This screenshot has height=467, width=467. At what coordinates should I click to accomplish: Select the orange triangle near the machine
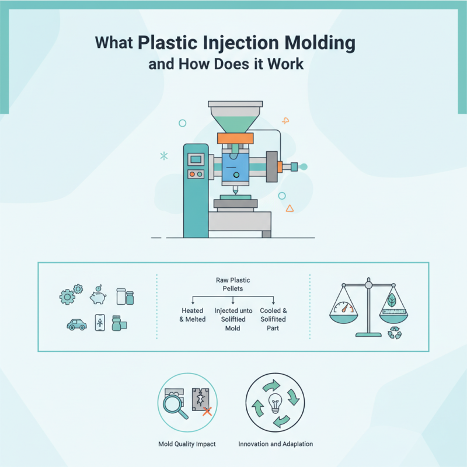[290, 208]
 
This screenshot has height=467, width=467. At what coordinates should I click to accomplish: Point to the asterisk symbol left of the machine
[164, 156]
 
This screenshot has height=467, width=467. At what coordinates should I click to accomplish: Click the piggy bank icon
[97, 296]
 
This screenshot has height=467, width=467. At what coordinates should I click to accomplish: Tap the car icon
[76, 324]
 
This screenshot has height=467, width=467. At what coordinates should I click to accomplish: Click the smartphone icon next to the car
[99, 324]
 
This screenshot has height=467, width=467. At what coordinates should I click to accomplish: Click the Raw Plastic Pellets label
[233, 284]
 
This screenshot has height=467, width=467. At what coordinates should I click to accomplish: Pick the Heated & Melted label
[192, 315]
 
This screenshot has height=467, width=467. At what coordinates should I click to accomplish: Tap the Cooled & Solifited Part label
[273, 319]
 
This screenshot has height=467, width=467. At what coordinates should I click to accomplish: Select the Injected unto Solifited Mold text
[232, 319]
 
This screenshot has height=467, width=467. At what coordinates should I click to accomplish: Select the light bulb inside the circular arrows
[275, 403]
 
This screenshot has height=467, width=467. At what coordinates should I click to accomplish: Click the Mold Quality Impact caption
[187, 444]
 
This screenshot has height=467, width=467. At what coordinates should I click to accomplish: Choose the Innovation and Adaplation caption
[276, 444]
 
